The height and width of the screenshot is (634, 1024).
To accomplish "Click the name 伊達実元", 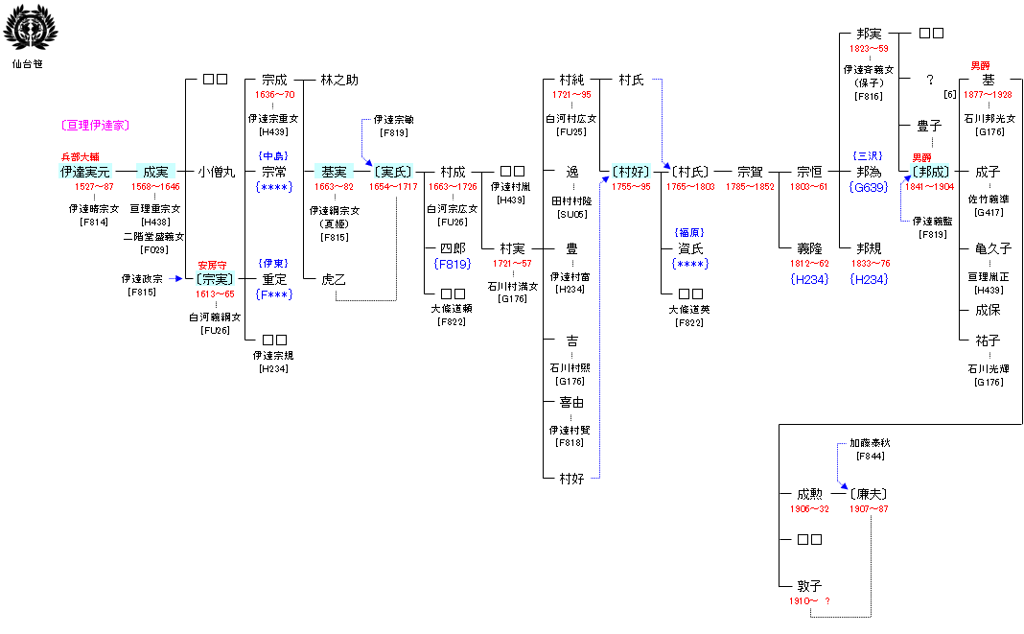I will [84, 172].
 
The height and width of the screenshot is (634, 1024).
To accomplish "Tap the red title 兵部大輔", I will [80, 156].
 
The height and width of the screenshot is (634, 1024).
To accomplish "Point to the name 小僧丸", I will [216, 172].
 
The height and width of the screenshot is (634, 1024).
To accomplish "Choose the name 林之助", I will [339, 80].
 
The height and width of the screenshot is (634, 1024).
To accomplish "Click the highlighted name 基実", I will [334, 172].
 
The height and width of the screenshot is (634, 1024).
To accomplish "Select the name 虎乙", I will [334, 279].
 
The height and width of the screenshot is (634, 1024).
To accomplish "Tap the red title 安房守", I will [214, 265].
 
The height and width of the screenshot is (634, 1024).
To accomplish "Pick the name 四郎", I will [453, 247].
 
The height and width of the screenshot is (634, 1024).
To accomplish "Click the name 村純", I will [572, 80].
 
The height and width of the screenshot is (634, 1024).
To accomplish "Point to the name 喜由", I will [572, 403].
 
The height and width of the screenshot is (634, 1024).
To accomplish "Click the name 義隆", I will [809, 247].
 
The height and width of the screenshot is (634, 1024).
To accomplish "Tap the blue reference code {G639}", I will [869, 187].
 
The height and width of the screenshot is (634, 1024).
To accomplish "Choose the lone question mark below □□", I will [929, 80].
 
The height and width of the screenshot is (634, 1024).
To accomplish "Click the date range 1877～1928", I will [988, 95].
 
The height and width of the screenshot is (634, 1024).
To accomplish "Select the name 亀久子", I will [993, 247].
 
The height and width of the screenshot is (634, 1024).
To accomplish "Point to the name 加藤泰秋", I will [870, 443].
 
